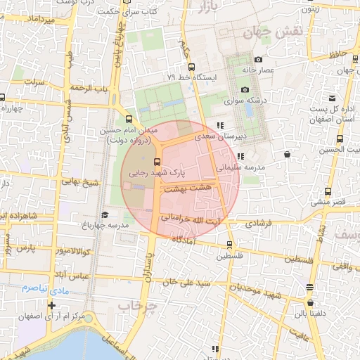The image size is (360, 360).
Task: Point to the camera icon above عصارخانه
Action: tap(259, 60)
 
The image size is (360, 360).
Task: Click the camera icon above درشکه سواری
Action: tap(245, 89)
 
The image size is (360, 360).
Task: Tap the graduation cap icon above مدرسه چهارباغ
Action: tap(105, 215)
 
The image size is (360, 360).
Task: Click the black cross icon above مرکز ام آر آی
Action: tap(51, 305)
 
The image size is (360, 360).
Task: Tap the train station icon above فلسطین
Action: tap(229, 245)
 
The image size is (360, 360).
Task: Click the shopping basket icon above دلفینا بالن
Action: tap(310, 287)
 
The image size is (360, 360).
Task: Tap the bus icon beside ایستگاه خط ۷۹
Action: tap(192, 66)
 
